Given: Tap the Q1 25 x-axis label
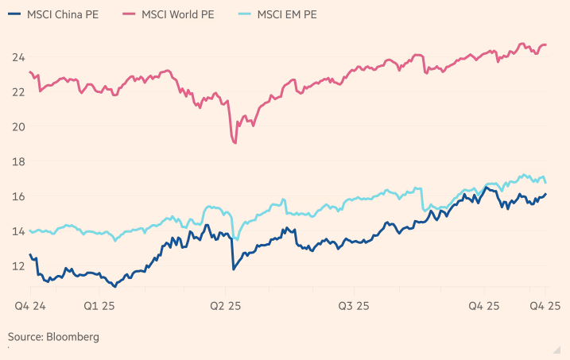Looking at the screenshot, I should pyautogui.click(x=99, y=305).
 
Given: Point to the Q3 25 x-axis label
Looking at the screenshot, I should pyautogui.click(x=354, y=305).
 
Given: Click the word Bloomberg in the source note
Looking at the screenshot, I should pyautogui.click(x=74, y=337).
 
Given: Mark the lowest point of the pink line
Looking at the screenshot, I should pyautogui.click(x=235, y=143).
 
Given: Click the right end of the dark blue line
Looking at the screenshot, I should pyautogui.click(x=546, y=194).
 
